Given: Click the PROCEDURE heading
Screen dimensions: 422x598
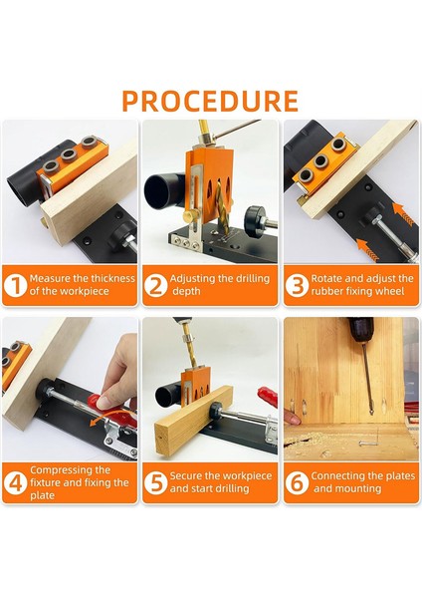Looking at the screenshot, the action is (x=210, y=101).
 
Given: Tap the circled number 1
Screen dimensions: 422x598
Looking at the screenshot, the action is (x=15, y=285).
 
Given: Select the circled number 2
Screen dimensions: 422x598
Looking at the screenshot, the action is (x=155, y=285).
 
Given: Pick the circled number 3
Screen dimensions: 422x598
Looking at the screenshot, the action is (x=297, y=285).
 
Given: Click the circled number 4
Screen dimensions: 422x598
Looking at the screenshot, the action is (x=15, y=483).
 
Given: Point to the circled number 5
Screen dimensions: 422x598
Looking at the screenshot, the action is (x=155, y=483).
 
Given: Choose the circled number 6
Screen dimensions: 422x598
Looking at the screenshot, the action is (x=297, y=483).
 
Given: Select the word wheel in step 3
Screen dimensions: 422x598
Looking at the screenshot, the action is (x=391, y=291).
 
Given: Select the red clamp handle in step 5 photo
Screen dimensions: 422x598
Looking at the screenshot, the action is (x=268, y=403).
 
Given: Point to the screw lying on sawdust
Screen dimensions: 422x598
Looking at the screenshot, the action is (x=368, y=444).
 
